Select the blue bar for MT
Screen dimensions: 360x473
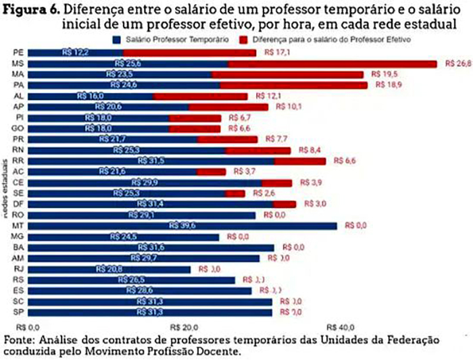coord(182,226)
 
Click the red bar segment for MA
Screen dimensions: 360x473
coord(287,74)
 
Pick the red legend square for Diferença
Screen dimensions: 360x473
coord(245,40)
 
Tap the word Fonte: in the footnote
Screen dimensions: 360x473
coord(20,339)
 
